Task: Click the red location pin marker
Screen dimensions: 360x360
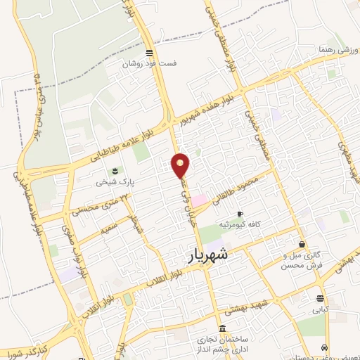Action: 181,165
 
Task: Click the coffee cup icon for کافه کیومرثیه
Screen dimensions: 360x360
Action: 240,214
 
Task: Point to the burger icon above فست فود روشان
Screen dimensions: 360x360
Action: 148,53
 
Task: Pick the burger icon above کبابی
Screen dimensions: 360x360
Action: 321,297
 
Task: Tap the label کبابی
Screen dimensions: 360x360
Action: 320,308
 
